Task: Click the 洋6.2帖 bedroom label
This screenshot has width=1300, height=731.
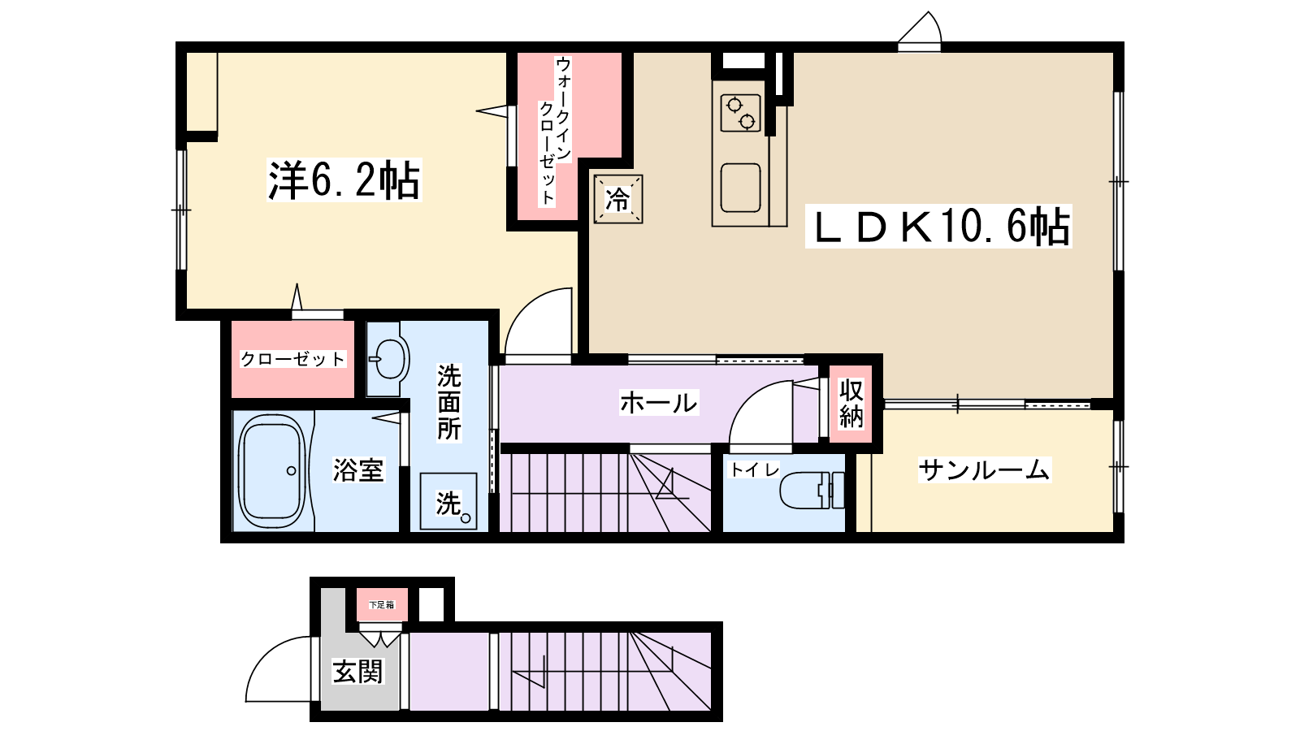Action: tap(344, 180)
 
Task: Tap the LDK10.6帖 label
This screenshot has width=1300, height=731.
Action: tap(938, 227)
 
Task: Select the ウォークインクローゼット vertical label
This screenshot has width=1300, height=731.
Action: tap(556, 131)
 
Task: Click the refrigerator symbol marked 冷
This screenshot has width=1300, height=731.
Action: tap(618, 199)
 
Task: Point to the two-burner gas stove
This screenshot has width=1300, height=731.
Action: tap(740, 113)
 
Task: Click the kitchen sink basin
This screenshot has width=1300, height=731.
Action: tap(740, 188)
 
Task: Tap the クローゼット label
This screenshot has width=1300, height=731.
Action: tap(292, 359)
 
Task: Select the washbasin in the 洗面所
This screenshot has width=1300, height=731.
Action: tap(387, 359)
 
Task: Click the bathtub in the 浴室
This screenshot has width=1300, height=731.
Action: tap(272, 470)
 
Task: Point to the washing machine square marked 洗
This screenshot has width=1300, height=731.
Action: tap(448, 501)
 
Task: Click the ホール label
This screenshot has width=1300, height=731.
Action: tap(659, 402)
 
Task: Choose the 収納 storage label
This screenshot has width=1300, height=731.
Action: tap(851, 404)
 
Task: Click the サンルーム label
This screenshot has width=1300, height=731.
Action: tap(984, 470)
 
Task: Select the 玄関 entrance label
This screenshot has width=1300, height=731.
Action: tap(357, 672)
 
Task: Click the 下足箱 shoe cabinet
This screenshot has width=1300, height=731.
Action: tap(381, 604)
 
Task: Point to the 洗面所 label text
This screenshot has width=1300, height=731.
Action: tap(448, 402)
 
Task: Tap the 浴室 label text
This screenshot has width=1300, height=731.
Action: tap(358, 470)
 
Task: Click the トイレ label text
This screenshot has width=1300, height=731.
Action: tap(754, 469)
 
